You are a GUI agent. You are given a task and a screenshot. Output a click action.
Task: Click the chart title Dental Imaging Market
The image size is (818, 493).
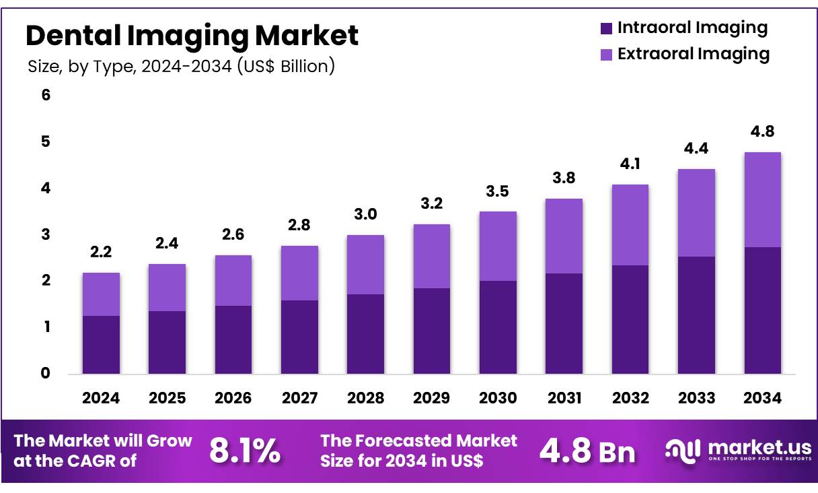tap(192, 35)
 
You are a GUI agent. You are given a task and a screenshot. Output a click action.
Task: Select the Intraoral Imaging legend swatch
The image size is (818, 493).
tap(605, 28)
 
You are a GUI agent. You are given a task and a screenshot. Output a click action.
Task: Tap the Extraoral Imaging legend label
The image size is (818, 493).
tap(693, 54)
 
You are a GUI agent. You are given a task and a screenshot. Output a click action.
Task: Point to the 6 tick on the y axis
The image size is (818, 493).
tap(46, 96)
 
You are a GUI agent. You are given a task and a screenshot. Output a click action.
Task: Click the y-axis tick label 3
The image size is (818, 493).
tap(46, 235)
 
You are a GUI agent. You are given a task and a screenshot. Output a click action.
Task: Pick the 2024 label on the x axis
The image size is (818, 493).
tap(101, 398)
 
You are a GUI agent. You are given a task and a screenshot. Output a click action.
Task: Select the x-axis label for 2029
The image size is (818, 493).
tap(431, 398)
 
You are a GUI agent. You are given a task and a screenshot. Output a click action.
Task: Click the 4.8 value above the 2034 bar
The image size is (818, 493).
tap(762, 131)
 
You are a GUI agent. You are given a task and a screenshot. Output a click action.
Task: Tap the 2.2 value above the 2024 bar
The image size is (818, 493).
tap(101, 253)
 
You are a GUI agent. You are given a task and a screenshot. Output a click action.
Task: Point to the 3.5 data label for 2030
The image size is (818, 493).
tap(497, 191)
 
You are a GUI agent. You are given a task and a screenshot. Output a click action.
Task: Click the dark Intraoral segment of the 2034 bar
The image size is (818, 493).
tap(762, 310)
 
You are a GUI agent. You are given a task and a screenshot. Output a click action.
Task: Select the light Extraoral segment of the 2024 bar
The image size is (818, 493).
tap(101, 294)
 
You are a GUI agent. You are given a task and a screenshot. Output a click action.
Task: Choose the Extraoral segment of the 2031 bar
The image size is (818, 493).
tap(564, 236)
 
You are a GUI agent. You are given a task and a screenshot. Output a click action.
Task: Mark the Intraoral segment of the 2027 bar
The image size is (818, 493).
tap(299, 337)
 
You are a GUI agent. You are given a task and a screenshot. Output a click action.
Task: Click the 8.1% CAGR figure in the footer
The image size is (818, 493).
tap(245, 451)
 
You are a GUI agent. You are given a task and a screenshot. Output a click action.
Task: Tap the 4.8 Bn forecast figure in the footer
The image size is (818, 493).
tap(587, 451)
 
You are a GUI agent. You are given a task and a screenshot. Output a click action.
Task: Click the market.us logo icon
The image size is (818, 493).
tap(683, 450)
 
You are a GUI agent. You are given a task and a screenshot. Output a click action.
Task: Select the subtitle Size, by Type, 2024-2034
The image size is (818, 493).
tap(181, 67)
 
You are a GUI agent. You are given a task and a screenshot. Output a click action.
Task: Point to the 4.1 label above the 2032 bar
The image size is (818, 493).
tap(630, 164)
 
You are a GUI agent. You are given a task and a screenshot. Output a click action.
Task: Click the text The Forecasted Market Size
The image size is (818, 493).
tap(418, 451)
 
